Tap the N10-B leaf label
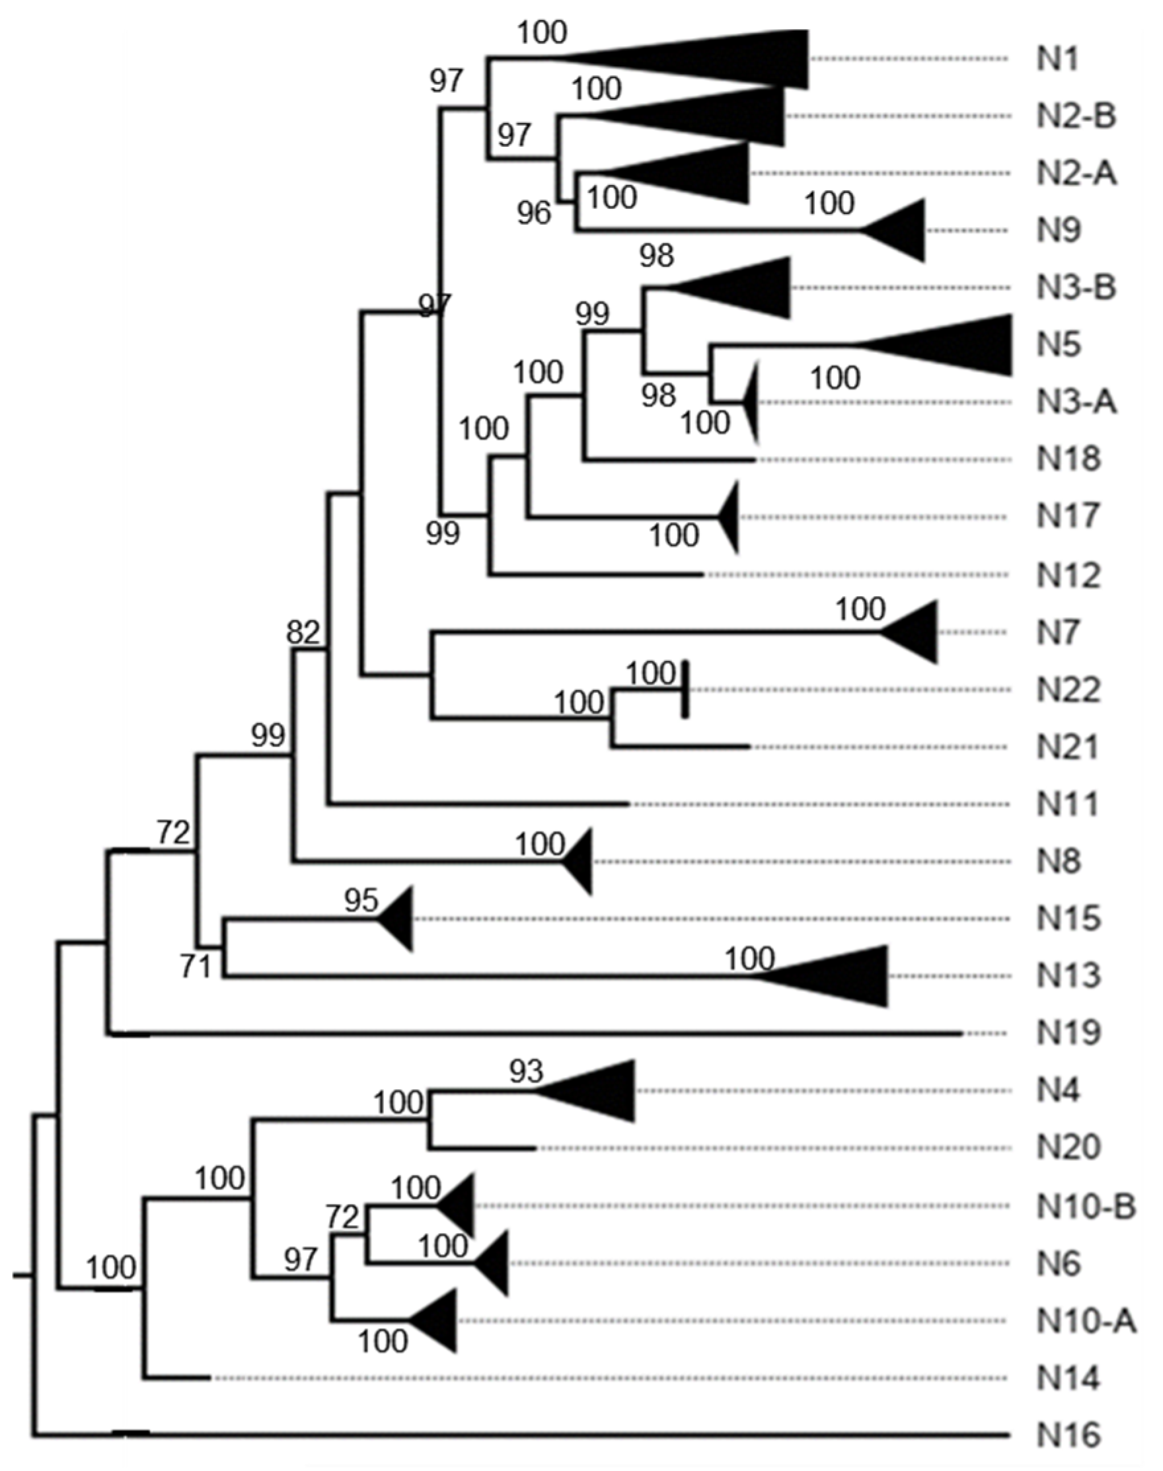[x=1087, y=1206]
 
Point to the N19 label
[x=1069, y=1033]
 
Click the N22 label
[x=1069, y=690]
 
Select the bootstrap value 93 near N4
[x=527, y=1072]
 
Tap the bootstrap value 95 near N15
[x=361, y=901]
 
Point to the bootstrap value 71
[x=196, y=967]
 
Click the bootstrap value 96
[x=533, y=214]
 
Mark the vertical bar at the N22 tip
[x=685, y=689]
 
